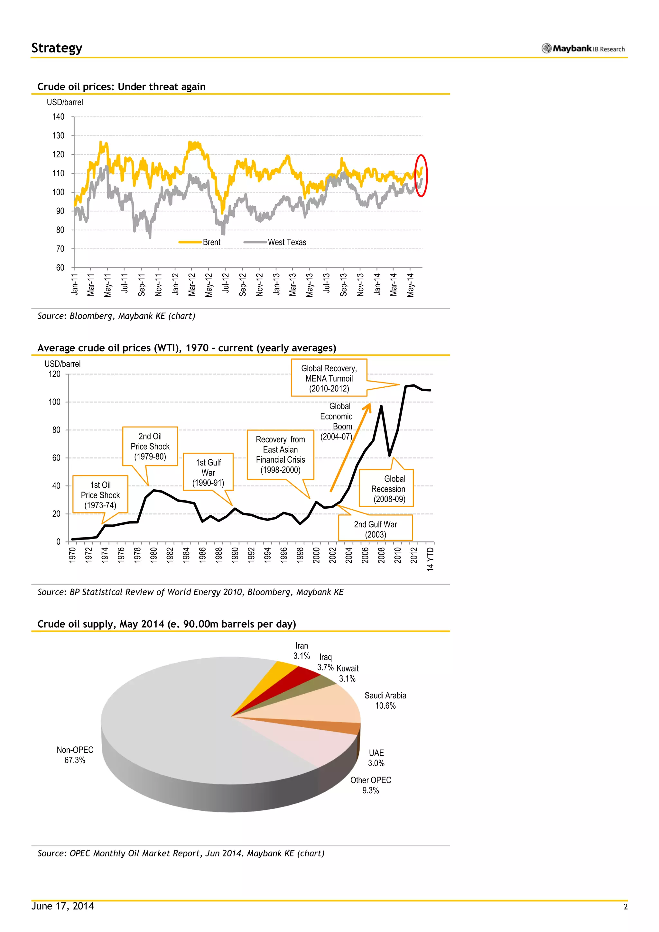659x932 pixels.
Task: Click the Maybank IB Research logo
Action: [x=583, y=49]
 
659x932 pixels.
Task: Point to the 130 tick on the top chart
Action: [x=59, y=135]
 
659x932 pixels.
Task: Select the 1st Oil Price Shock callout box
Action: [x=100, y=494]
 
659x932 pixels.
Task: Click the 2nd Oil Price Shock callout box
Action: [x=150, y=446]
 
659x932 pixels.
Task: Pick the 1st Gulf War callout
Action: [x=208, y=472]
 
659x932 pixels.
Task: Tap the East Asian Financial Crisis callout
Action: [x=280, y=455]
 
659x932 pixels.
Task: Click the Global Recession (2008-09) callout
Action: [x=388, y=489]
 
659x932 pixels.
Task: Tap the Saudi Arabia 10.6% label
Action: [x=385, y=700]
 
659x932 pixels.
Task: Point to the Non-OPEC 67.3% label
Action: [x=75, y=755]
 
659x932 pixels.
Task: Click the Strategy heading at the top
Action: [x=57, y=48]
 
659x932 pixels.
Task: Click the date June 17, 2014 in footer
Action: [x=62, y=906]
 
